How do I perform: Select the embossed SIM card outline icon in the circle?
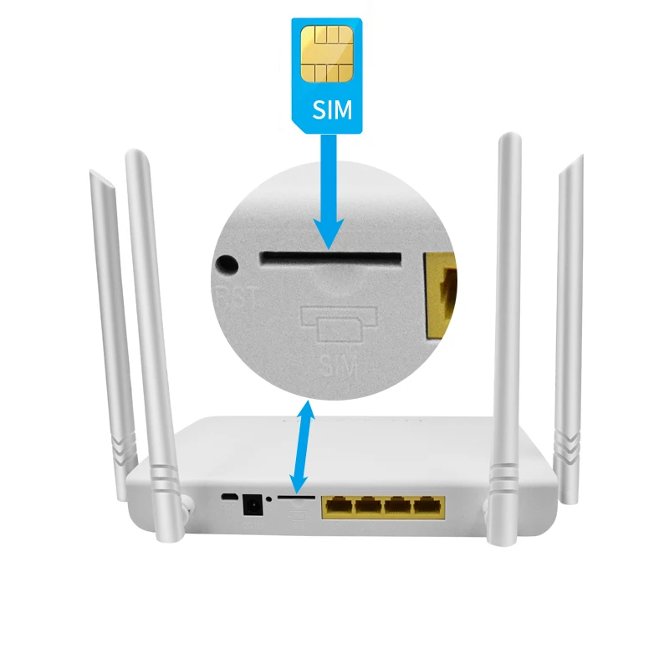click(x=340, y=325)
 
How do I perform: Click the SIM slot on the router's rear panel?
click(x=296, y=497)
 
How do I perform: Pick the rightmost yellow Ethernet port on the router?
click(x=429, y=505)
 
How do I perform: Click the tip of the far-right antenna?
click(x=576, y=160)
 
